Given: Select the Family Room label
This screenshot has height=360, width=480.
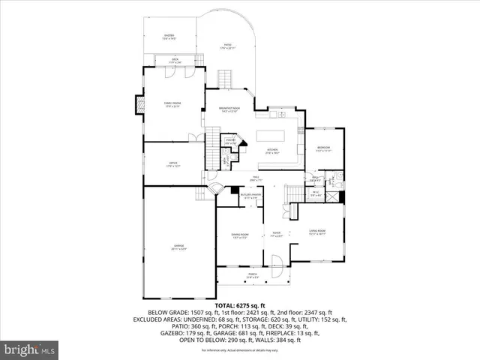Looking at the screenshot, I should pos(173,104).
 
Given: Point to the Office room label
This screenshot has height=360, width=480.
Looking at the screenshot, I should pos(172,165).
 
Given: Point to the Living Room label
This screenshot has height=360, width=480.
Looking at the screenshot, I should pos(317,232).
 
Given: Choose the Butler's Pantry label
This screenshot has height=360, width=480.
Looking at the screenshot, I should pos(241,196).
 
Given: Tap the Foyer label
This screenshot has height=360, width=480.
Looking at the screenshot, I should pos(276,234).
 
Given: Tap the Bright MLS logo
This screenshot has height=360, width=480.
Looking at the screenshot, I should pos(30,350).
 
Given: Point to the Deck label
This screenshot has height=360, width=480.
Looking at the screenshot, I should pos(174,60).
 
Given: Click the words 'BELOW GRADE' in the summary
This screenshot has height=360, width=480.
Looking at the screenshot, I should pos(166,313).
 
